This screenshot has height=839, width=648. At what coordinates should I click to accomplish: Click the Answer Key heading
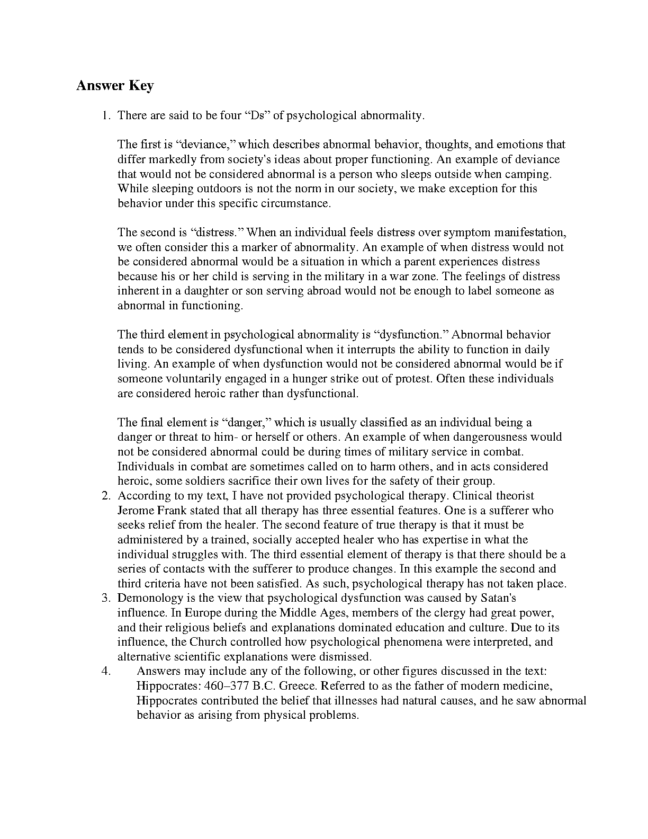(115, 85)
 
